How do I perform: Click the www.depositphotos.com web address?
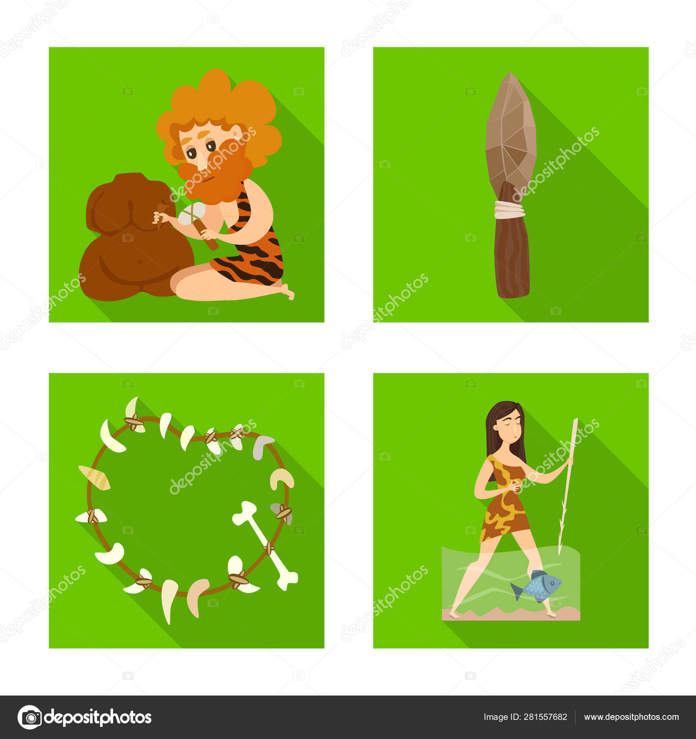(631, 717)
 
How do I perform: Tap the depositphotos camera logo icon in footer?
(30, 717)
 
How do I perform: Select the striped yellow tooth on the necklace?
(95, 478)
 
